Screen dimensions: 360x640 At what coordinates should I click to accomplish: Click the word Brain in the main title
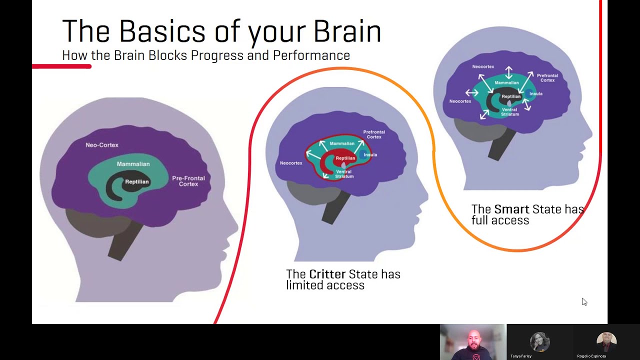[347, 31]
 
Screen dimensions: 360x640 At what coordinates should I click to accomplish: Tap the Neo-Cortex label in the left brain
[102, 145]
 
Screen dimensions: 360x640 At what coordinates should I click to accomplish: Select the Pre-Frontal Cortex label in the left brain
[185, 181]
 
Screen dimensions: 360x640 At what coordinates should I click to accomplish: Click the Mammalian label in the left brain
[133, 164]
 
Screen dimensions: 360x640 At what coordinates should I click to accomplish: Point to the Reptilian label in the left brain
[136, 182]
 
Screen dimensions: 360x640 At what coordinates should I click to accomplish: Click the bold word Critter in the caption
[327, 274]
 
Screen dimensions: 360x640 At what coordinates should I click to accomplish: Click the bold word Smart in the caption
[511, 209]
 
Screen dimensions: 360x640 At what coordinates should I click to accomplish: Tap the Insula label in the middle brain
[370, 155]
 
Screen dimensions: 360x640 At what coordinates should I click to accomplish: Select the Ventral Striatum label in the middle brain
[343, 174]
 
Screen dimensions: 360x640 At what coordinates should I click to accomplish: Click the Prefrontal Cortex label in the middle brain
[374, 134]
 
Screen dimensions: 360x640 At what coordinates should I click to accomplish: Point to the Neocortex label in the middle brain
[291, 163]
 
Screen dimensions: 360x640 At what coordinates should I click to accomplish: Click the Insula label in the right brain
[535, 93]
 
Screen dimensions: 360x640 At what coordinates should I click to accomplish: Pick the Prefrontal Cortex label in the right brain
[547, 78]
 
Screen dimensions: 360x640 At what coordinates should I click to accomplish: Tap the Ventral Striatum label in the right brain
[509, 111]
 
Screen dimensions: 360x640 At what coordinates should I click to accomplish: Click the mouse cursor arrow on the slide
[584, 301]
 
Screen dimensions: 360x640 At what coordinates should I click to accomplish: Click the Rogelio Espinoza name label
[591, 356]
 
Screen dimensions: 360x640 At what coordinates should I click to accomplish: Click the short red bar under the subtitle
[61, 66]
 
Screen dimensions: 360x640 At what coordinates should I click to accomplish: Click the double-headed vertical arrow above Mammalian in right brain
[508, 72]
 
